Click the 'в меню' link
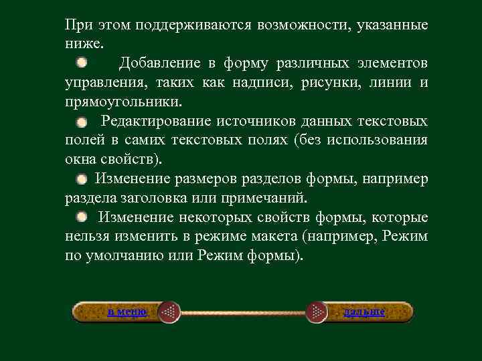pyautogui.click(x=127, y=312)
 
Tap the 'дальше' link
pyautogui.click(x=364, y=312)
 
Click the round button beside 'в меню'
pyautogui.click(x=170, y=312)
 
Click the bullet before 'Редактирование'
pyautogui.click(x=81, y=122)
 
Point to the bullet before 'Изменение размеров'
pyautogui.click(x=81, y=179)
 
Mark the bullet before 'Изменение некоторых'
pyautogui.click(x=81, y=217)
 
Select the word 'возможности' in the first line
pyautogui.click(x=304, y=25)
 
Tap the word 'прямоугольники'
pyautogui.click(x=122, y=102)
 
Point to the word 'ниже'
pyautogui.click(x=83, y=45)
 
